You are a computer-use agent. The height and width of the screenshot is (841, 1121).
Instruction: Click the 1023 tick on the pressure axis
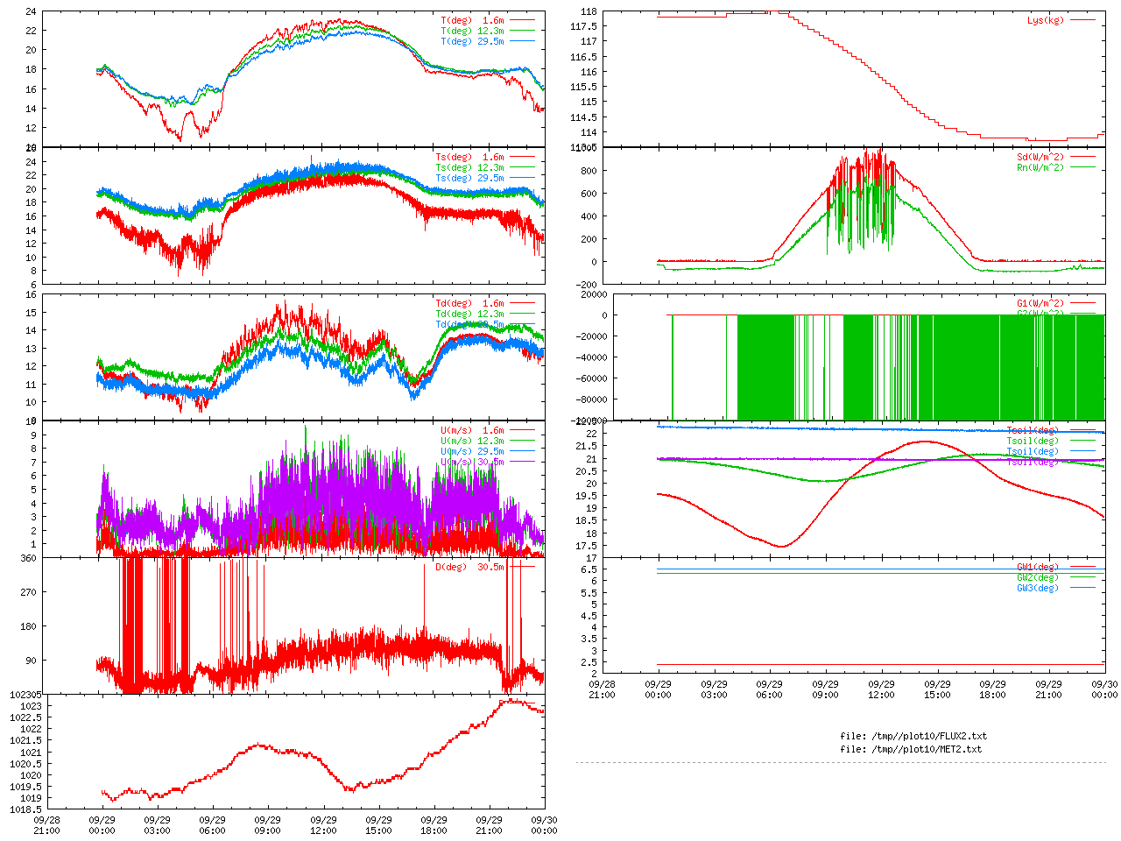click(31, 706)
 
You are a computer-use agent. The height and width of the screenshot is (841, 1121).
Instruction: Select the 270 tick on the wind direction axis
click(28, 592)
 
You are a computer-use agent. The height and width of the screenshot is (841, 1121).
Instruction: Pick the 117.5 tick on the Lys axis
click(583, 26)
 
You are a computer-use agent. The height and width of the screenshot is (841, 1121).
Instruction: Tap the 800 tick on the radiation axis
click(587, 171)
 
